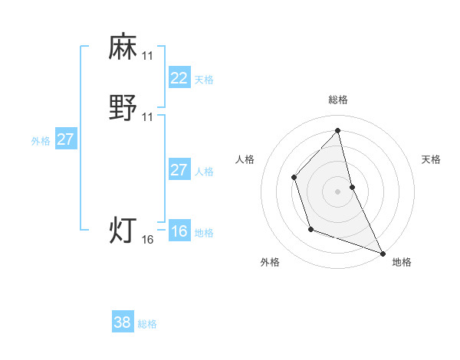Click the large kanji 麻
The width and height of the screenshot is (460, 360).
123,47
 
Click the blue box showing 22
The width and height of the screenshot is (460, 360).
179,77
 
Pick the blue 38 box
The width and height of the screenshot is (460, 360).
123,322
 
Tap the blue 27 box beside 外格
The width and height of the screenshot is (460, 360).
66,139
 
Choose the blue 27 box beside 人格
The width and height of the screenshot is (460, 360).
179,170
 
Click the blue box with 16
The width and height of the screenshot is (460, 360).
179,231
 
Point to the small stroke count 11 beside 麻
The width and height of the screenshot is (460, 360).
148,56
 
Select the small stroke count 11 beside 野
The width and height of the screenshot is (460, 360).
148,117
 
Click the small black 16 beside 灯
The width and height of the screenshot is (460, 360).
148,240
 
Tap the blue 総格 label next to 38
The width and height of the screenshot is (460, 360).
147,324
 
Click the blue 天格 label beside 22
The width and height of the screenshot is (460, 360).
204,80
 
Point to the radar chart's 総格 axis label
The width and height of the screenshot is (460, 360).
338,100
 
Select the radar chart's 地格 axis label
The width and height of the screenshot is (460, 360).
402,262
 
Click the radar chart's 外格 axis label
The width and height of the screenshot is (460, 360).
270,262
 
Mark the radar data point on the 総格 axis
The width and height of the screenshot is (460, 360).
338,130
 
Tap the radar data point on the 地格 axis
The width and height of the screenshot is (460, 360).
383,253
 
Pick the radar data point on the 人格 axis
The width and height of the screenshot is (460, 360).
294,178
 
